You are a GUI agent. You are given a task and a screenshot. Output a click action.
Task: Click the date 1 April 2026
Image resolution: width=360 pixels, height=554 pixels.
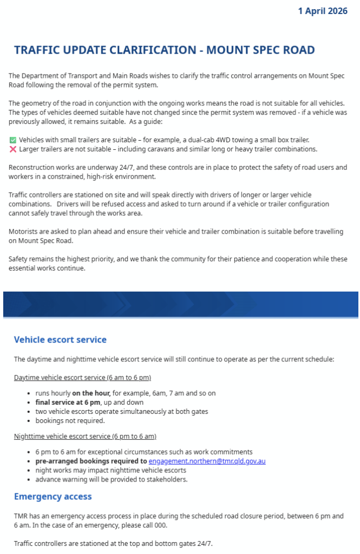tap(322, 11)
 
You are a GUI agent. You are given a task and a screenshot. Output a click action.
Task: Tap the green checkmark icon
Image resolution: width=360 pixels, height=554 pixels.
tap(13, 140)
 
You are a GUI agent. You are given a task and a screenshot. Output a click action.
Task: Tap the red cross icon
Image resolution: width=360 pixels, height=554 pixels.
tap(13, 149)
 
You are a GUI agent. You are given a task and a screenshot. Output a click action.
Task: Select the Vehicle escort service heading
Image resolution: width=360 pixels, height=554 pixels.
tap(60, 340)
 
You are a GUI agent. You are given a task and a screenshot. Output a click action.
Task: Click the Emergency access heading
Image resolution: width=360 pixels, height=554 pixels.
tap(53, 496)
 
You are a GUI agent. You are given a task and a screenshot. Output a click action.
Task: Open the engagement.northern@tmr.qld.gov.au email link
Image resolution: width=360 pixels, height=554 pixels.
tap(207, 461)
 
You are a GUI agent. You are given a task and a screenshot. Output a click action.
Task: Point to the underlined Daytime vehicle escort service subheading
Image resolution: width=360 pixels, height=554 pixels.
tap(82, 377)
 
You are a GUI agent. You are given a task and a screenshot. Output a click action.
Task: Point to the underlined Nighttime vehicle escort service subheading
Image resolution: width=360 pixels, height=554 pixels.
tap(85, 436)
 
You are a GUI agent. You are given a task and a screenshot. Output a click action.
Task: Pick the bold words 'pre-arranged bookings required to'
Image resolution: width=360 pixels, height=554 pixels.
tap(91, 461)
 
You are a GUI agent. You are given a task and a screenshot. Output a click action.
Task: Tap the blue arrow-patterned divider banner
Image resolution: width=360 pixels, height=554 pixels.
tap(180, 305)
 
